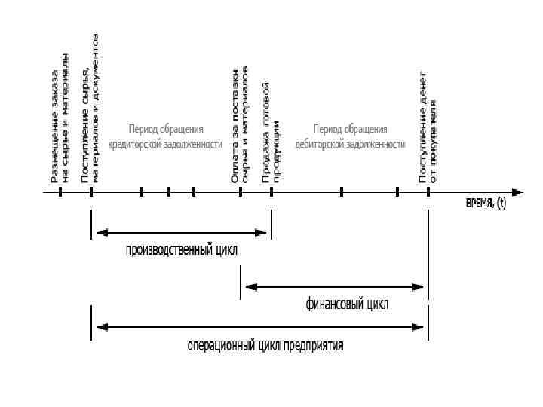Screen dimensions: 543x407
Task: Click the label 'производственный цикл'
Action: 181,250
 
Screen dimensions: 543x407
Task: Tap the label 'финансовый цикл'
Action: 347,304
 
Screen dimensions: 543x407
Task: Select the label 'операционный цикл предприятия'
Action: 265,346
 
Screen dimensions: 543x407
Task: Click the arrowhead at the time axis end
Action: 517,192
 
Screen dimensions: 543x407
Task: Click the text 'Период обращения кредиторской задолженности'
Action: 166,136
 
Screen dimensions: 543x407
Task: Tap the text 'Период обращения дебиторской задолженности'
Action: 351,136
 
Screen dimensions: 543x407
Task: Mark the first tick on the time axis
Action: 60,192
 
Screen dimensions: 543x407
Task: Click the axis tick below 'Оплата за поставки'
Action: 241,192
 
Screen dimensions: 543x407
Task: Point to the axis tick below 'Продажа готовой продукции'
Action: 271,192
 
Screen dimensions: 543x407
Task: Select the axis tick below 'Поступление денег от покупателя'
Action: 428,192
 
